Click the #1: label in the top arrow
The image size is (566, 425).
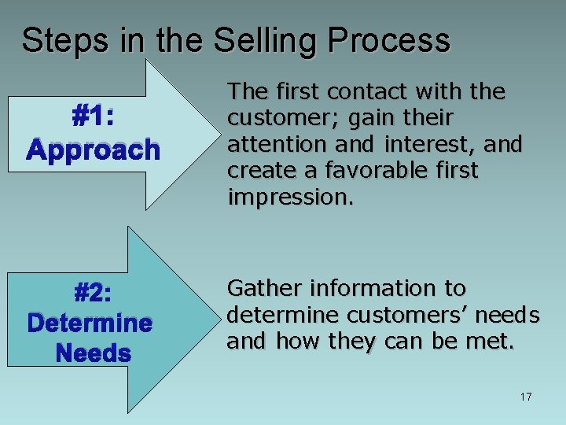pyautogui.click(x=94, y=117)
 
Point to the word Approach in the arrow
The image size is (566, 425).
pyautogui.click(x=94, y=150)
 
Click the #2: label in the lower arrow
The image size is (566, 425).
pyautogui.click(x=93, y=294)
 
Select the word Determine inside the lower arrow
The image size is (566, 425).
pyautogui.click(x=90, y=323)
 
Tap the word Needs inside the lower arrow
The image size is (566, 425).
pyautogui.click(x=94, y=353)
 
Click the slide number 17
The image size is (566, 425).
pyautogui.click(x=525, y=397)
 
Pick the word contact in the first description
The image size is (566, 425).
pyautogui.click(x=364, y=92)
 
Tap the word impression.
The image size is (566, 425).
pyautogui.click(x=291, y=197)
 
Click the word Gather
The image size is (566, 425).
pyautogui.click(x=259, y=289)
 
